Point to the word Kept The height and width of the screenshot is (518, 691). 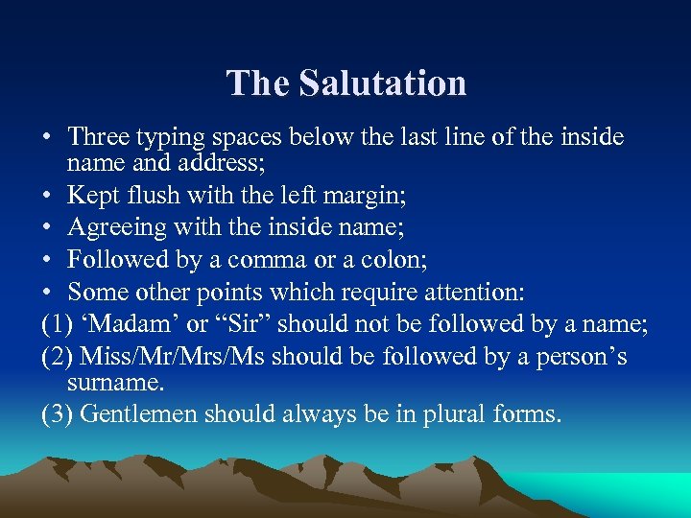[x=93, y=197]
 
